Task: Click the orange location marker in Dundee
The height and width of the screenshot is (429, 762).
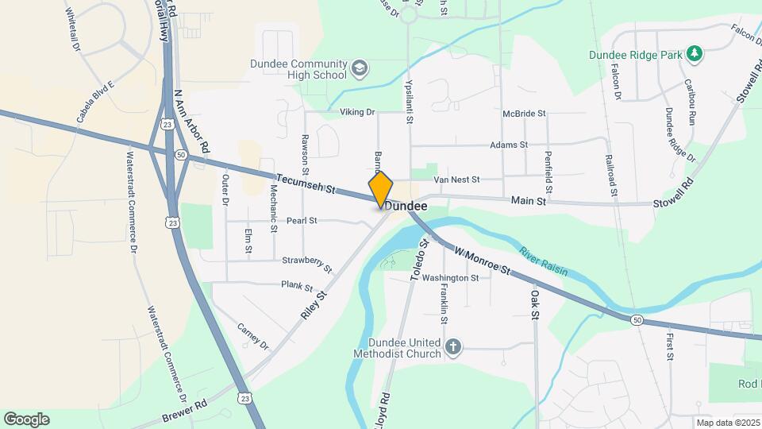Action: tap(381, 189)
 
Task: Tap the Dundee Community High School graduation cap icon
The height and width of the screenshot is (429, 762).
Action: tap(360, 68)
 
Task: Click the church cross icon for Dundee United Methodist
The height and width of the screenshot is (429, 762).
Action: tap(452, 347)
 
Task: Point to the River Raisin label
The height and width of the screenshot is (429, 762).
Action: tap(544, 261)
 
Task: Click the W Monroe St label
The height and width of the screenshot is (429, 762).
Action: tap(482, 260)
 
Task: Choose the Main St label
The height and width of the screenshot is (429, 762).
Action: tap(529, 202)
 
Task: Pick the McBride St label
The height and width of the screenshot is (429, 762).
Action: tap(524, 114)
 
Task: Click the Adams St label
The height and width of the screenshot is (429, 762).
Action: tap(509, 145)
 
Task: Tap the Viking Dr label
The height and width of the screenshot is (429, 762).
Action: tap(357, 113)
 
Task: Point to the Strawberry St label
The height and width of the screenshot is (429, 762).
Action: tap(307, 261)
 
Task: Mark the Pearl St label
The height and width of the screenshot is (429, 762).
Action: tap(302, 220)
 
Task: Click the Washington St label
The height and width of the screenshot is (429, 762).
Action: tap(450, 278)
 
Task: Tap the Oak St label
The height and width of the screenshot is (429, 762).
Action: tap(536, 304)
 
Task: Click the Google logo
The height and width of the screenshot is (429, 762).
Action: tap(26, 419)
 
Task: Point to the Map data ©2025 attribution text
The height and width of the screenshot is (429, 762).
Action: tap(726, 423)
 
